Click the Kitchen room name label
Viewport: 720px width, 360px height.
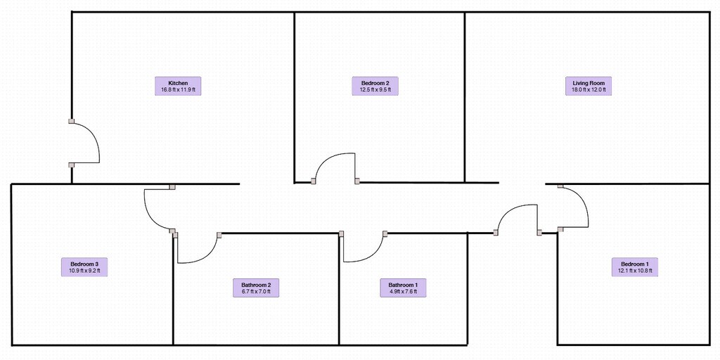[178, 83]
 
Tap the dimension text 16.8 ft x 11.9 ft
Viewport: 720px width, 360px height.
[178, 89]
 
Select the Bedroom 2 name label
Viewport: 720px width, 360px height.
[375, 83]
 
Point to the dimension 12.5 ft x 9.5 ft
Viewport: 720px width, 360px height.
[375, 89]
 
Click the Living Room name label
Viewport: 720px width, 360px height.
[589, 83]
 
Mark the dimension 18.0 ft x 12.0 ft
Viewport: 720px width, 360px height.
[589, 89]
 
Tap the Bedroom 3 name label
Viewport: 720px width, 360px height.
[84, 264]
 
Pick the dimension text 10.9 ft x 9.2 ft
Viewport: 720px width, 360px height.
[84, 271]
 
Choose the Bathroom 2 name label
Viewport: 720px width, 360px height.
[256, 285]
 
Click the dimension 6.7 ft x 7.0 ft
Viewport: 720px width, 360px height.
[256, 292]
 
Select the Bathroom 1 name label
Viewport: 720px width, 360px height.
[403, 285]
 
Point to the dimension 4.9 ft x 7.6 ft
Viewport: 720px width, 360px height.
[403, 292]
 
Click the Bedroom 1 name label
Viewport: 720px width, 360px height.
[635, 264]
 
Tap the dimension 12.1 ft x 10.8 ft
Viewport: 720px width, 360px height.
[635, 271]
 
